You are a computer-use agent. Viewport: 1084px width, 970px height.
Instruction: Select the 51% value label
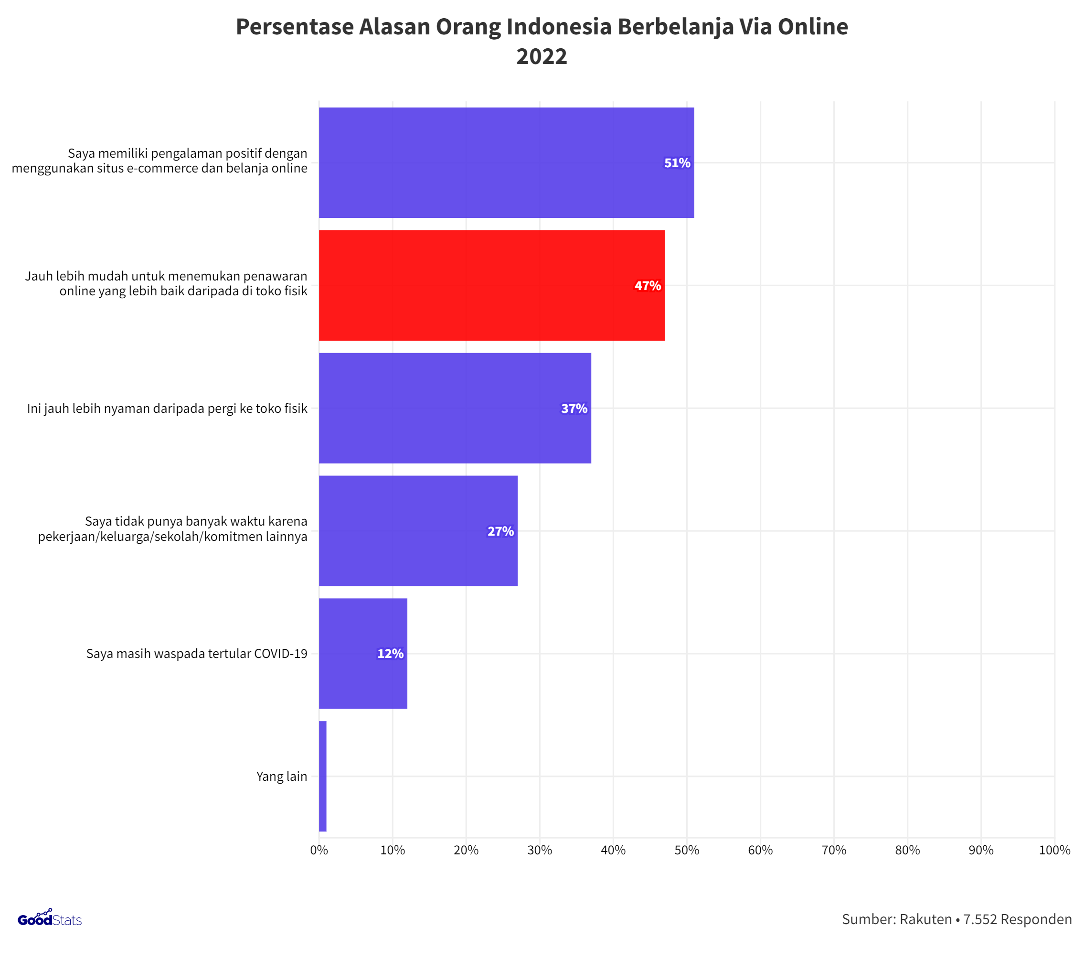(x=677, y=163)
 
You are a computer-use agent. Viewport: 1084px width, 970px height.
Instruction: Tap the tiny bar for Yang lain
(x=322, y=776)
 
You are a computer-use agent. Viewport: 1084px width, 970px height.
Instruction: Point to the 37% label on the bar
(x=574, y=409)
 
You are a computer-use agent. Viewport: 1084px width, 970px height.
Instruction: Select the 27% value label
(x=500, y=531)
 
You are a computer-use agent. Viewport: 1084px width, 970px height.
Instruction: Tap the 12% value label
(x=390, y=654)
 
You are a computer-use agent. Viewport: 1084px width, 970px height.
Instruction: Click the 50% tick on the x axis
(x=687, y=850)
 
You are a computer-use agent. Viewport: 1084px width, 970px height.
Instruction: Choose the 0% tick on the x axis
(x=319, y=850)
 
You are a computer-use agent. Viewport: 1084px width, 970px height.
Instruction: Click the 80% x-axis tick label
(x=907, y=850)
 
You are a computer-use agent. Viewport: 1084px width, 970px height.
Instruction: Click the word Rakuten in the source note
(x=925, y=919)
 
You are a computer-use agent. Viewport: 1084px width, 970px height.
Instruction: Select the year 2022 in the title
(x=541, y=56)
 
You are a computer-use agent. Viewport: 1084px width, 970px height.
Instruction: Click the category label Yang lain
(x=281, y=776)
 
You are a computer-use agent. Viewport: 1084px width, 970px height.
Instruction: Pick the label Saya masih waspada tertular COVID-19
(x=197, y=654)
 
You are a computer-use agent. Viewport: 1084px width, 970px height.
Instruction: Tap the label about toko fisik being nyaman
(x=167, y=409)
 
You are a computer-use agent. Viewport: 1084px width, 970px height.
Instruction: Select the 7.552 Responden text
(x=1017, y=919)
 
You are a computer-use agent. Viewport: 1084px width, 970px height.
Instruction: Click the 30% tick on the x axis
(x=540, y=850)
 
